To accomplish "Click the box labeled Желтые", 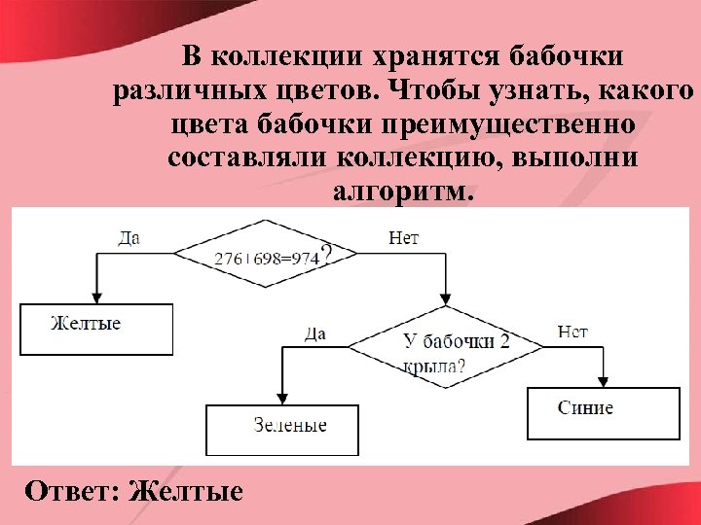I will pyautogui.click(x=96, y=329).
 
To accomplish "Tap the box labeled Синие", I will pyautogui.click(x=603, y=412).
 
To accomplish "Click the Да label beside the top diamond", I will pyautogui.click(x=129, y=237).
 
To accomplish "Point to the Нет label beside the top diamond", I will pyautogui.click(x=403, y=237).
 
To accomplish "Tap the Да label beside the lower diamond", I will pyautogui.click(x=314, y=334).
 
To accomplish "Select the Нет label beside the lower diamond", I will pyautogui.click(x=572, y=332).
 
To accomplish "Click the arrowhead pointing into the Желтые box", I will pyautogui.click(x=95, y=297).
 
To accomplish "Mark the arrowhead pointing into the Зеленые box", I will pyautogui.click(x=282, y=398).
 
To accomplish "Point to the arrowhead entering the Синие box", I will pyautogui.click(x=603, y=380).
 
